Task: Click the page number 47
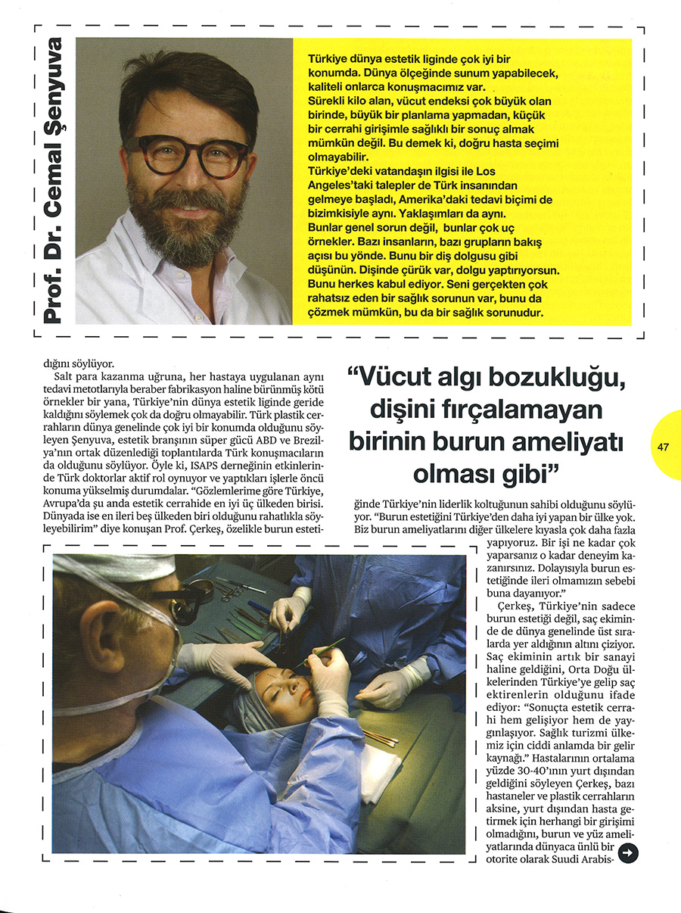(x=664, y=447)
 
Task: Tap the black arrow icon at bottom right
(x=628, y=853)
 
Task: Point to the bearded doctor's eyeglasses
(x=188, y=154)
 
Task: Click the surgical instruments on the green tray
(x=242, y=613)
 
